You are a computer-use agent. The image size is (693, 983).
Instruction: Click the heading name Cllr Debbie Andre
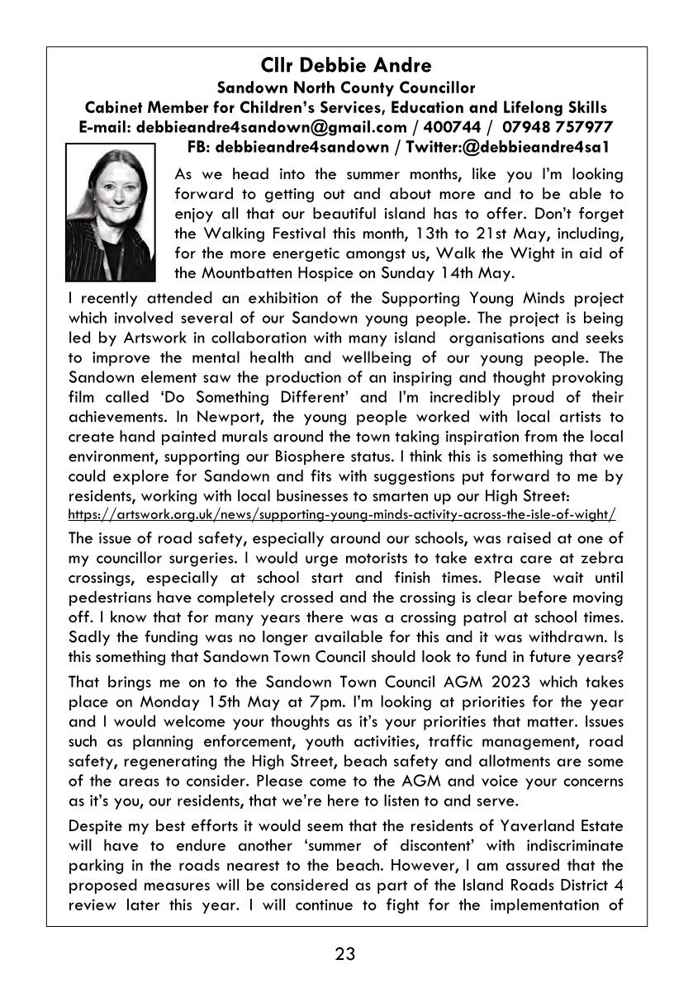(345, 64)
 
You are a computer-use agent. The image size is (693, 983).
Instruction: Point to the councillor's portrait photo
(110, 212)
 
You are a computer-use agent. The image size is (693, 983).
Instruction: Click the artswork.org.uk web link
(342, 513)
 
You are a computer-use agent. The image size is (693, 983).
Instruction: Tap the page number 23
(345, 954)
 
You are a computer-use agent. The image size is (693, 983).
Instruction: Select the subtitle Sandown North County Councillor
(345, 87)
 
